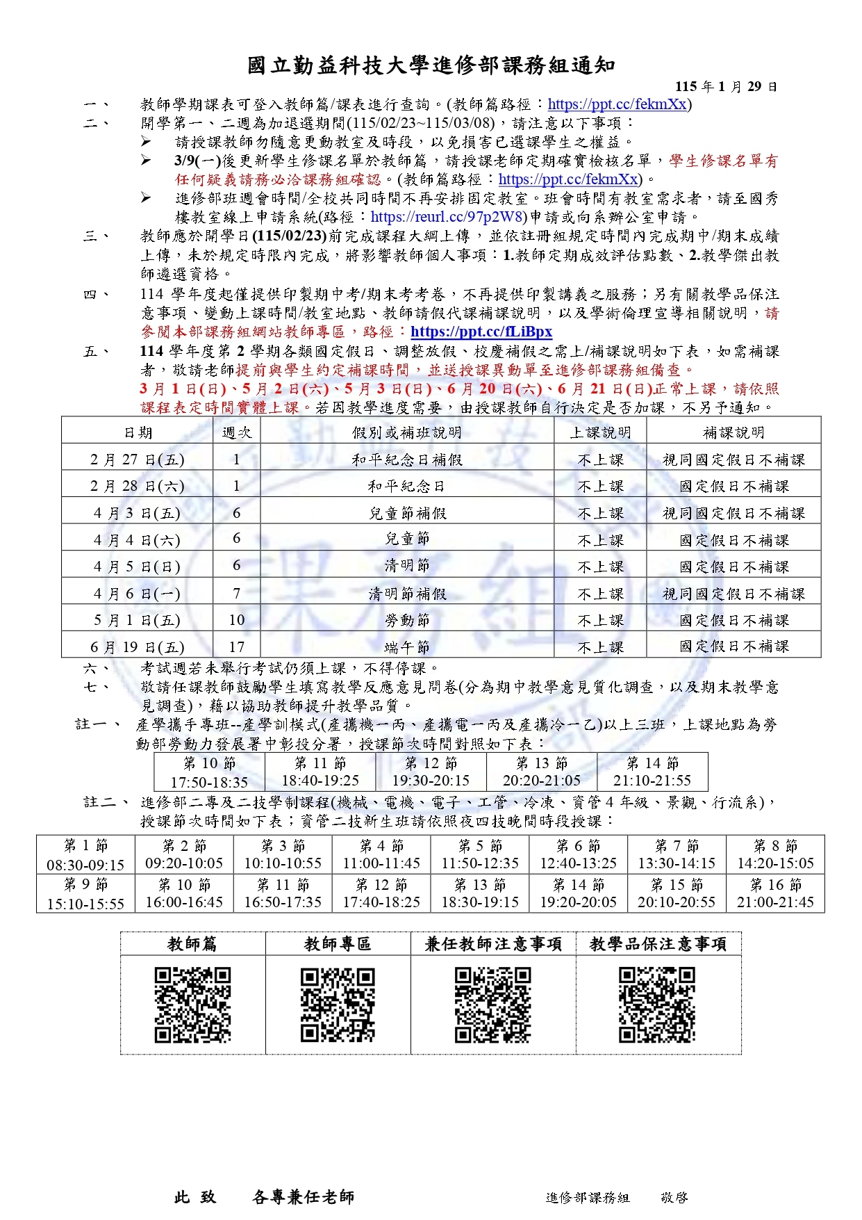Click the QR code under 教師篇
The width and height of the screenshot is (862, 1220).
(x=192, y=1005)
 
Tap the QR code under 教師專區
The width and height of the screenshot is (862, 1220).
(x=338, y=1005)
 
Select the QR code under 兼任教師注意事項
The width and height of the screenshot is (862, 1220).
(x=492, y=1005)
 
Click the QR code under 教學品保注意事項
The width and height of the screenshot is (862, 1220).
(x=656, y=1005)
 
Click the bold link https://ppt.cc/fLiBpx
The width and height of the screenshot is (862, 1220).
(x=481, y=332)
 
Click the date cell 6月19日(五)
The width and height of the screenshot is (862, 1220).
(x=137, y=647)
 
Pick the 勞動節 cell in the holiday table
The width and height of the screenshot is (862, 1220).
(x=407, y=620)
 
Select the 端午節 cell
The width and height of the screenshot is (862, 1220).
(x=407, y=647)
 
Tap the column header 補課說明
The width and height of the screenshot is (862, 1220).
(x=733, y=432)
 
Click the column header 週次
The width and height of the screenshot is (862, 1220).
(x=236, y=432)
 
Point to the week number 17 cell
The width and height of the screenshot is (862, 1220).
(x=236, y=647)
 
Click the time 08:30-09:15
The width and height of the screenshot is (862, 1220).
(x=85, y=865)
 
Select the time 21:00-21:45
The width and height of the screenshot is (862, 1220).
(x=775, y=903)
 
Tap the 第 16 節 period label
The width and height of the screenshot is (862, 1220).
(x=775, y=885)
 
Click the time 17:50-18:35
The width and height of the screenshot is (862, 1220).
(x=209, y=782)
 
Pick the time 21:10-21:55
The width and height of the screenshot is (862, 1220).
(x=652, y=781)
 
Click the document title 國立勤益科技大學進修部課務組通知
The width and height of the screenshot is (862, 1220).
(x=431, y=65)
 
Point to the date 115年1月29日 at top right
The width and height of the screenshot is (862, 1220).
(x=726, y=87)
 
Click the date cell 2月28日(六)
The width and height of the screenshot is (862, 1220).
(x=137, y=486)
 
